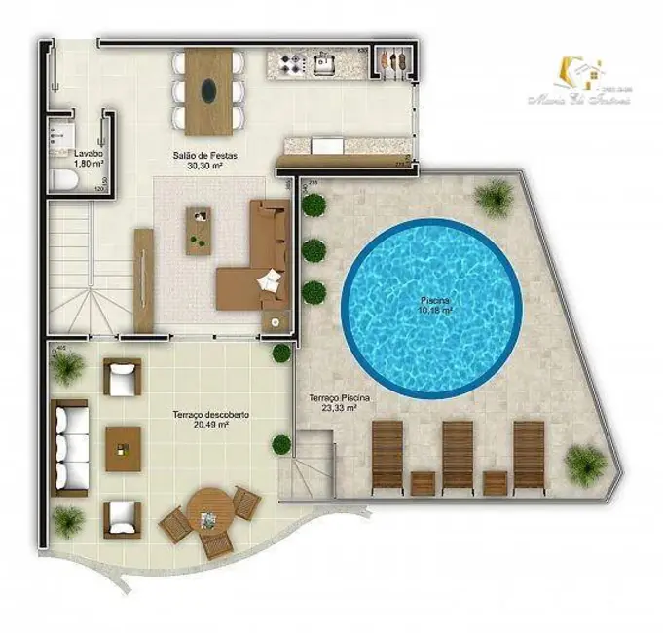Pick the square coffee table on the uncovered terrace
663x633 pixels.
click(124, 448)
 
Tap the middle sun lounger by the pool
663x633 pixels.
click(459, 453)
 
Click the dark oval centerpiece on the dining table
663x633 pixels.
click(209, 92)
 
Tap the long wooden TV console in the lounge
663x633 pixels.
click(143, 279)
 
